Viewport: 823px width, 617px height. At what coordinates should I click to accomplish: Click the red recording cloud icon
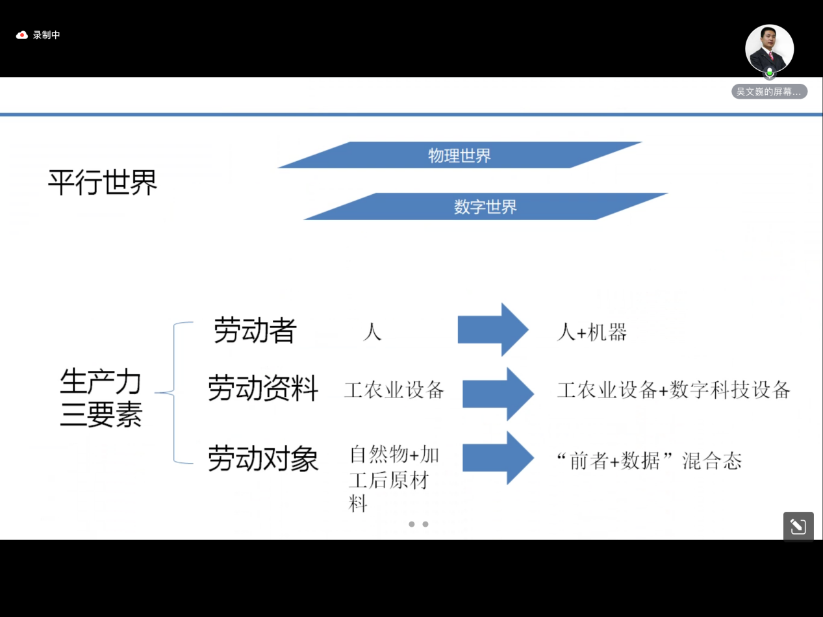pos(21,35)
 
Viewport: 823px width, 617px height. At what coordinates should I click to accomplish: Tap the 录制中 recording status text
pos(47,35)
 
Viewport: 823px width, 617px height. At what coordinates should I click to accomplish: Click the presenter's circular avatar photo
pos(769,49)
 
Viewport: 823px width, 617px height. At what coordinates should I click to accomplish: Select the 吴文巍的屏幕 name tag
pos(769,92)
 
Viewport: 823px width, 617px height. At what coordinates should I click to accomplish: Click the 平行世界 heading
pos(103,183)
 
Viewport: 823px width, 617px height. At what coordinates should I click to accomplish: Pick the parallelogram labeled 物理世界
pos(460,155)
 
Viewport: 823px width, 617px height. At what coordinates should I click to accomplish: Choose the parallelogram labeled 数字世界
pos(486,207)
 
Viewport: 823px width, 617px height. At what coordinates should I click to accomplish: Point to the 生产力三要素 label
pos(101,397)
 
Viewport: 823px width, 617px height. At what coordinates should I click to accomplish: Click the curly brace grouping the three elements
pos(173,393)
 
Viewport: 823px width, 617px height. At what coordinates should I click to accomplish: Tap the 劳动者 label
pos(255,330)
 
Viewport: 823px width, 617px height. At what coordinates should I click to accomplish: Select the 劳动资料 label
pos(263,388)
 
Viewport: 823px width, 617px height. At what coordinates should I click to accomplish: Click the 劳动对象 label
pos(263,458)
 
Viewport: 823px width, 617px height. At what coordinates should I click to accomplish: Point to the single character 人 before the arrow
pos(372,332)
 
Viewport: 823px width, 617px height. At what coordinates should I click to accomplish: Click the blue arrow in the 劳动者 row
pos(493,329)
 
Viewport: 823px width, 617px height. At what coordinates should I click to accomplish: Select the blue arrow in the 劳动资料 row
pos(498,394)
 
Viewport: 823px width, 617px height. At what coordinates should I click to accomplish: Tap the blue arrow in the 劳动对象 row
pos(498,458)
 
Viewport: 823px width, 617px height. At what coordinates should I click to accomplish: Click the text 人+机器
pos(592,332)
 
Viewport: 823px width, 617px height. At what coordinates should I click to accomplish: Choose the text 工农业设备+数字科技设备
pos(674,390)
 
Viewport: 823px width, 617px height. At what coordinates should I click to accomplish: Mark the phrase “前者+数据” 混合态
pos(650,460)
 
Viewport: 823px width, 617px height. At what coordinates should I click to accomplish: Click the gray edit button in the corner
pos(798,526)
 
